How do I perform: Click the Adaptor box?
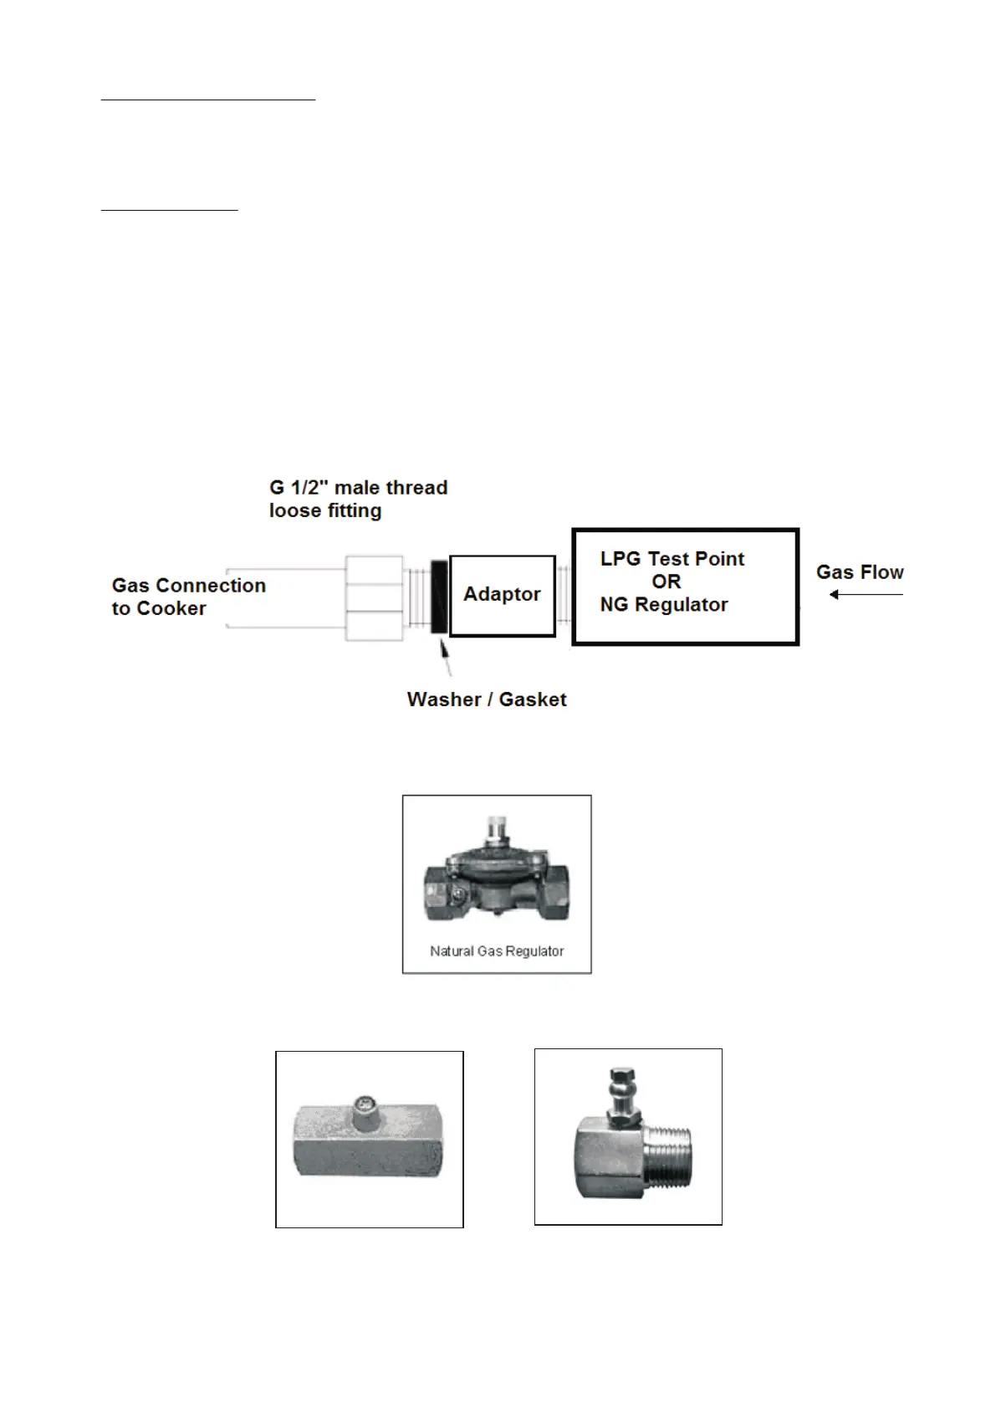pos(502,595)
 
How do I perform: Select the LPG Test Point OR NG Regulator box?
pos(685,587)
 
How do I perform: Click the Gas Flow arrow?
pos(866,595)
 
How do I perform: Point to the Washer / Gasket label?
pos(486,699)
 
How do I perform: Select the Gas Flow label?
pos(859,572)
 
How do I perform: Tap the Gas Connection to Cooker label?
pos(188,597)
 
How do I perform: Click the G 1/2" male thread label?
pos(358,488)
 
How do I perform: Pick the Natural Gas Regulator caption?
pos(497,951)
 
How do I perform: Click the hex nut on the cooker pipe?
pos(375,597)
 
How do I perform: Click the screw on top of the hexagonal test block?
pos(365,1105)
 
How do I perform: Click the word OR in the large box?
pos(666,582)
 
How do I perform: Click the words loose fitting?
pos(324,510)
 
